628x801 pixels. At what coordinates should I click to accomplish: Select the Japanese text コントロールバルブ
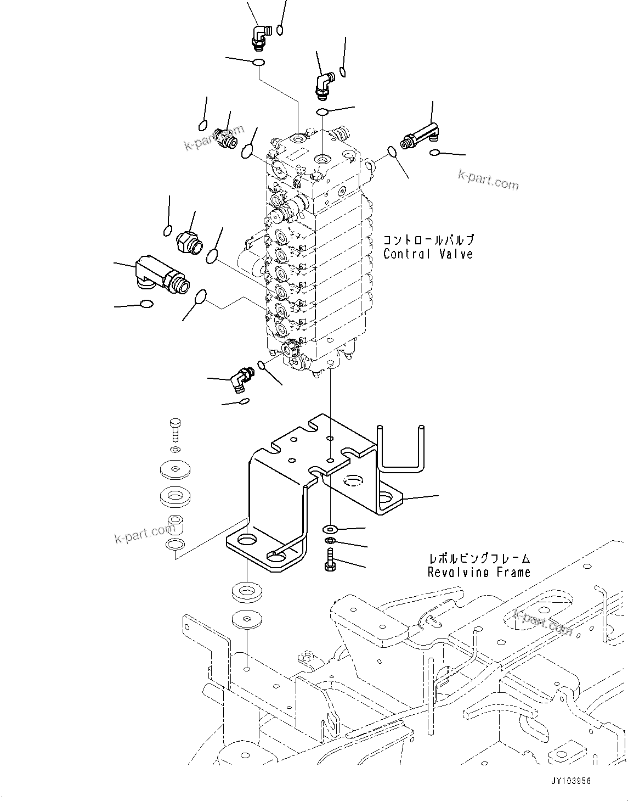428,240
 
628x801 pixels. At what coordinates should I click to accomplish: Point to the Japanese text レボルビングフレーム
479,559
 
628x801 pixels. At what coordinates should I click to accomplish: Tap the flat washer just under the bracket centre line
330,529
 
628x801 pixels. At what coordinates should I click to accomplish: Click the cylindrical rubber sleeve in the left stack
176,524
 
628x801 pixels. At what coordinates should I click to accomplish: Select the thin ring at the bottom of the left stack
175,545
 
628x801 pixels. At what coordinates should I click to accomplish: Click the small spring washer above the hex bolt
330,542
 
